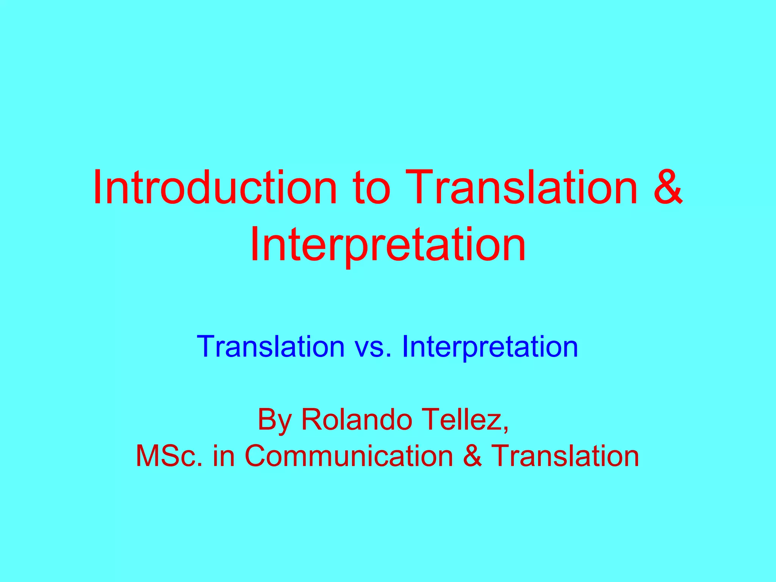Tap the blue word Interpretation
point(490,347)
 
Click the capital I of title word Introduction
point(97,188)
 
